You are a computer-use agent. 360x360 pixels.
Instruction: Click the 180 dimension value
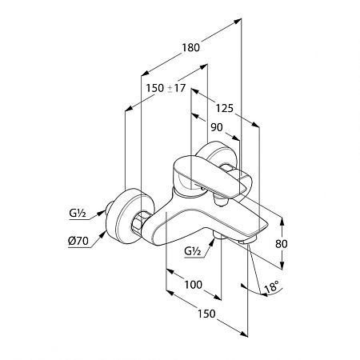point(190,47)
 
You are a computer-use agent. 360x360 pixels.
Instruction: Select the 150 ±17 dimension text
point(166,88)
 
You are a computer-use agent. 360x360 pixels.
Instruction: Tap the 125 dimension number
point(225,108)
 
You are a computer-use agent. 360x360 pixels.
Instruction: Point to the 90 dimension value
point(217,127)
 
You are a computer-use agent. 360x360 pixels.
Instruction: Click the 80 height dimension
point(282,244)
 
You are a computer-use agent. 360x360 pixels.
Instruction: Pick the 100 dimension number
point(194,285)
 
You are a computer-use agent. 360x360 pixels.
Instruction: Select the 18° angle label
point(272,287)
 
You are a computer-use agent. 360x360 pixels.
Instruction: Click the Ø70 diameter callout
point(78,241)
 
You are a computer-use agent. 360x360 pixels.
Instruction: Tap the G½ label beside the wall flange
point(78,214)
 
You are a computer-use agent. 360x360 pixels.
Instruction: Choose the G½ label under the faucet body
point(193,251)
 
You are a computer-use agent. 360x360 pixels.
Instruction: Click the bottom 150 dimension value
point(206,314)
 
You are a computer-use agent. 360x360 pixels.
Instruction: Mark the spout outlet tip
point(248,241)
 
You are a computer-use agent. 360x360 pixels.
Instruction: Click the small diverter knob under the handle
point(221,202)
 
